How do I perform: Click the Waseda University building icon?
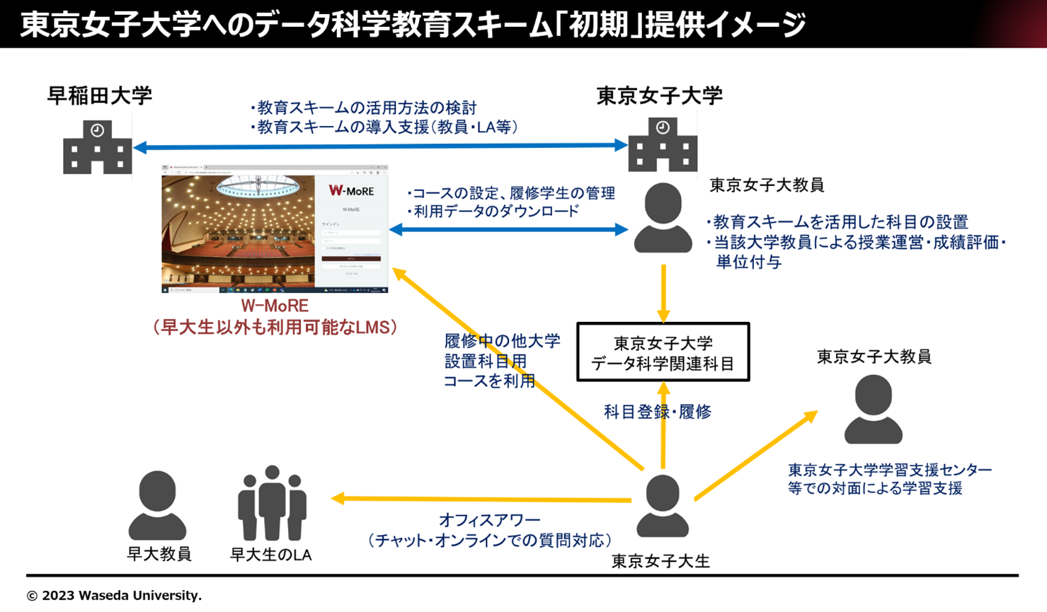pos(97,148)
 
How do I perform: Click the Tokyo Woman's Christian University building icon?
pos(662,146)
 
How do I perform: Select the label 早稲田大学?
pos(100,96)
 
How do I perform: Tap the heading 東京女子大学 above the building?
pos(659,96)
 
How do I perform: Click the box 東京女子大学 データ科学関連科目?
pos(663,352)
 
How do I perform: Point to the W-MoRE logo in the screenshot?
pos(351,191)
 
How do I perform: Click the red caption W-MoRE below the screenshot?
pos(275,306)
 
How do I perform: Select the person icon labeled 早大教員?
pos(157,505)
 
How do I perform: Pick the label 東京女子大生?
pos(660,561)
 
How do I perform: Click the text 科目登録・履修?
pos(657,412)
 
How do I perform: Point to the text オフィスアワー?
pos(489,520)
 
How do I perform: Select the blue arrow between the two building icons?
pos(381,146)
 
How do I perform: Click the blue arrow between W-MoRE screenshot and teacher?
pos(508,229)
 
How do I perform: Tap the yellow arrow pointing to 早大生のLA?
pos(481,500)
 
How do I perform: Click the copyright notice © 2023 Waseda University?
pos(114,596)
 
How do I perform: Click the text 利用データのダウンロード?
pos(496,211)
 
